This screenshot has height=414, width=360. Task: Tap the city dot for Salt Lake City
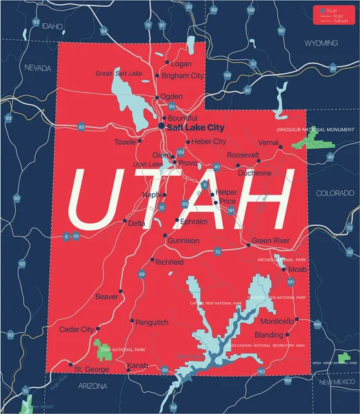[161, 127]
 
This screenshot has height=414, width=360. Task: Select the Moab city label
[297, 269]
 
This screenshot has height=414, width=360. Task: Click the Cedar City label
[76, 330]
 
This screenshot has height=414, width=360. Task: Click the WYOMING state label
[321, 42]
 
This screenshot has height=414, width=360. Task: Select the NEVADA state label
[39, 68]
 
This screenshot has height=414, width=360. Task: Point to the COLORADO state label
[334, 193]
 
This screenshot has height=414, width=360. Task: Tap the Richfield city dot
[152, 260]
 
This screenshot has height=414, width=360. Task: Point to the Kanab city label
[137, 364]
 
